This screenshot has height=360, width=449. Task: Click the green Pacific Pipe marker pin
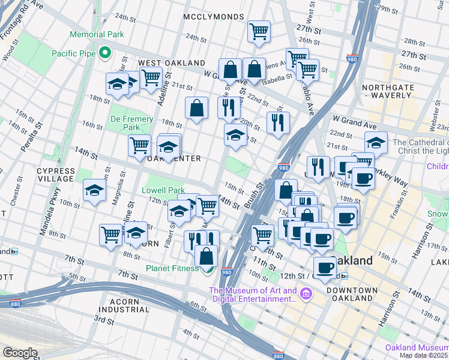(x=105, y=53)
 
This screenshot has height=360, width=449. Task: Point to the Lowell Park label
(x=163, y=190)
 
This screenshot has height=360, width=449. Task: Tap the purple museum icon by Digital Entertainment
(x=307, y=294)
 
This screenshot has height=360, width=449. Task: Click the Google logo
(x=20, y=353)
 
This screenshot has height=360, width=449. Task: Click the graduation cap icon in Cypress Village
(x=94, y=190)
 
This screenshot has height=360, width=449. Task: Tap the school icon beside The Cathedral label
(x=376, y=143)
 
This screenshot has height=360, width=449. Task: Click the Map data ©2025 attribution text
(x=424, y=355)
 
